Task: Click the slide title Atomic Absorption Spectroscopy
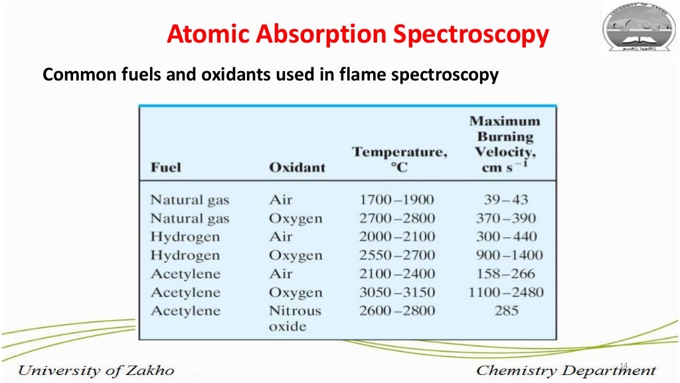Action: [358, 35]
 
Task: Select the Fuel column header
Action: [165, 167]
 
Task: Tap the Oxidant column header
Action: [297, 167]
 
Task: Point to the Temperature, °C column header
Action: [400, 159]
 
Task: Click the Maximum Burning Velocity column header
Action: [505, 144]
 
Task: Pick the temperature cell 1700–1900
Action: [396, 199]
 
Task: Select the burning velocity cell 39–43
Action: [506, 199]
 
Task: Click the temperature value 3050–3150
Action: [396, 292]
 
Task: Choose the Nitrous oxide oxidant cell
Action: [295, 318]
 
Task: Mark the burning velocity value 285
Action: [506, 311]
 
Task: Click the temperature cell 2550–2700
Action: [396, 255]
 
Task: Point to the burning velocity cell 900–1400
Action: [509, 255]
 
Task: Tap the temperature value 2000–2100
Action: [396, 236]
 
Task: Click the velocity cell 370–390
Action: [506, 218]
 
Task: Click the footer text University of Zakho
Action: [96, 370]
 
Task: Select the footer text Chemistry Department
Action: [566, 370]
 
